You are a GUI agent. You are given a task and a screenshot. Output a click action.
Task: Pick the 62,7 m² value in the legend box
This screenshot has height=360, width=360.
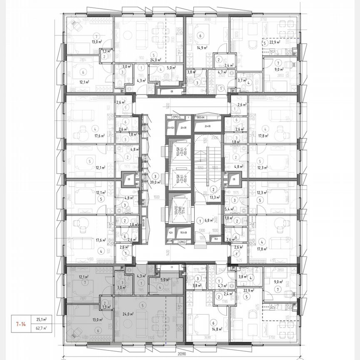(41, 328)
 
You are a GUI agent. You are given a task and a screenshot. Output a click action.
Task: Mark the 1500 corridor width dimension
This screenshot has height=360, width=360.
(156, 197)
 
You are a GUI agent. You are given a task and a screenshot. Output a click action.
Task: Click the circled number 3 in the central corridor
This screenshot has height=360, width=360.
(155, 175)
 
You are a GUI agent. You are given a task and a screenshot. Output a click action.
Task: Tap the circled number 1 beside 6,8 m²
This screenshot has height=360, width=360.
(200, 220)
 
